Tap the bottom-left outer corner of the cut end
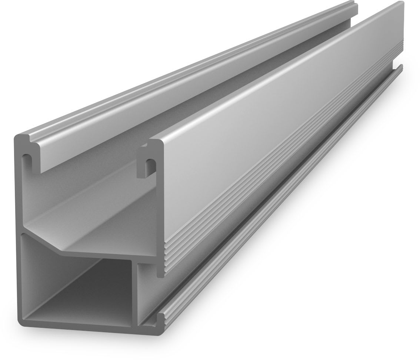20,328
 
